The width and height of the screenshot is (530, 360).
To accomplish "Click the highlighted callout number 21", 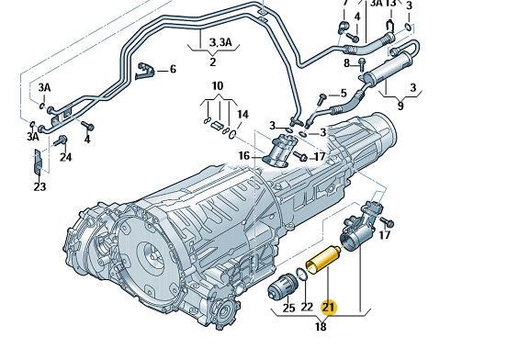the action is [x=329, y=308].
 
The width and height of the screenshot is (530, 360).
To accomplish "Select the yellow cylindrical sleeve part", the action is [x=323, y=260].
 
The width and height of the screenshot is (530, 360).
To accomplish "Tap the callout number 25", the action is [x=288, y=308].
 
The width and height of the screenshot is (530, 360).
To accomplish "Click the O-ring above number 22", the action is [x=301, y=275].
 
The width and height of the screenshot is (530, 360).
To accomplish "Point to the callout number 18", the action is [x=321, y=327].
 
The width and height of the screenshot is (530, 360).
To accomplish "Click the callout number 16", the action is [x=244, y=155].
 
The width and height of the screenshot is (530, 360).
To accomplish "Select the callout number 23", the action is [x=39, y=186].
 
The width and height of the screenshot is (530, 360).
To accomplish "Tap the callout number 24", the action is [x=66, y=157].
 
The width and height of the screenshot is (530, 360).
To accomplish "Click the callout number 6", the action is [x=173, y=69].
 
